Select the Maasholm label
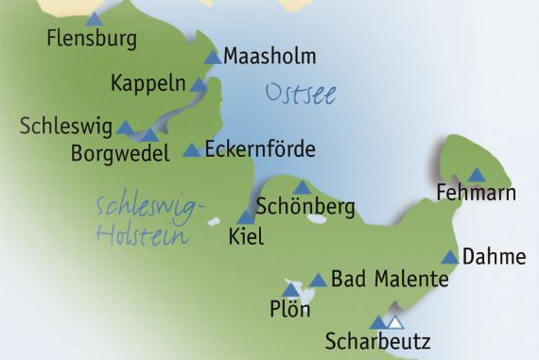tap(269, 57)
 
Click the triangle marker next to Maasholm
tap(213, 57)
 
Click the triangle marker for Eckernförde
tap(191, 149)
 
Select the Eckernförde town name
tap(259, 149)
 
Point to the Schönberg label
tap(292, 205)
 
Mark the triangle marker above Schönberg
tap(302, 187)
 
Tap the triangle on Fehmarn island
tap(476, 175)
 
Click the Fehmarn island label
tap(476, 194)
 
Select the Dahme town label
tap(493, 256)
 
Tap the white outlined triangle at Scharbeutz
tap(395, 322)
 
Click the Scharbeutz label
tap(377, 340)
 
